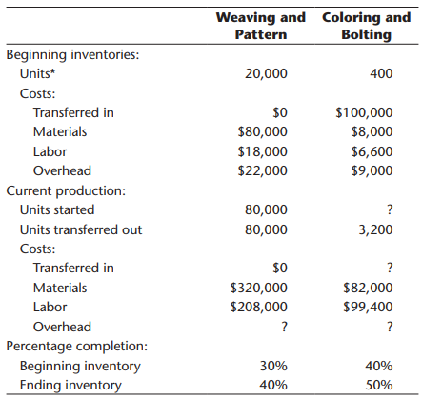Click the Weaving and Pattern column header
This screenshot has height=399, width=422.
click(x=261, y=26)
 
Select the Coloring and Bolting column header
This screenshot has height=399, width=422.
click(x=367, y=26)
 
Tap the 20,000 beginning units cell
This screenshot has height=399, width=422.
click(x=266, y=73)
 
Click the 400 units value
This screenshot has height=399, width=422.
click(x=381, y=73)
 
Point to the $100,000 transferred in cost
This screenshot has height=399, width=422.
click(x=364, y=112)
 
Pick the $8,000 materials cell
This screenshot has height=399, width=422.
click(x=372, y=131)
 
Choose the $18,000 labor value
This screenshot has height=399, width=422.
click(x=263, y=151)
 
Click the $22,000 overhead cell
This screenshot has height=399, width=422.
click(x=263, y=170)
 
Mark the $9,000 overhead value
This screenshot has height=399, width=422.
click(x=372, y=170)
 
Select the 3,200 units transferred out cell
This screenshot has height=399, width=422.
click(x=375, y=229)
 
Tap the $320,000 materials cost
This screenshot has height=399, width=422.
click(x=259, y=288)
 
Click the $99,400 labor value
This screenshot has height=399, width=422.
click(x=368, y=307)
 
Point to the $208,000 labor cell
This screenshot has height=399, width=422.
click(x=259, y=307)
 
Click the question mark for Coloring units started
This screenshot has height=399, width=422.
click(x=390, y=209)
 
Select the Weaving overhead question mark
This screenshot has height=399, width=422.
click(x=284, y=327)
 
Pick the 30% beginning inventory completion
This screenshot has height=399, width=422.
click(x=273, y=366)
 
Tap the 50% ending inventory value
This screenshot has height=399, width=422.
click(x=379, y=385)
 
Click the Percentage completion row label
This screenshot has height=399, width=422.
click(x=77, y=347)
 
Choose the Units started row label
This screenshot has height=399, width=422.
click(x=57, y=210)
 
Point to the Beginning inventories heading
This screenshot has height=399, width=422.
click(x=72, y=55)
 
